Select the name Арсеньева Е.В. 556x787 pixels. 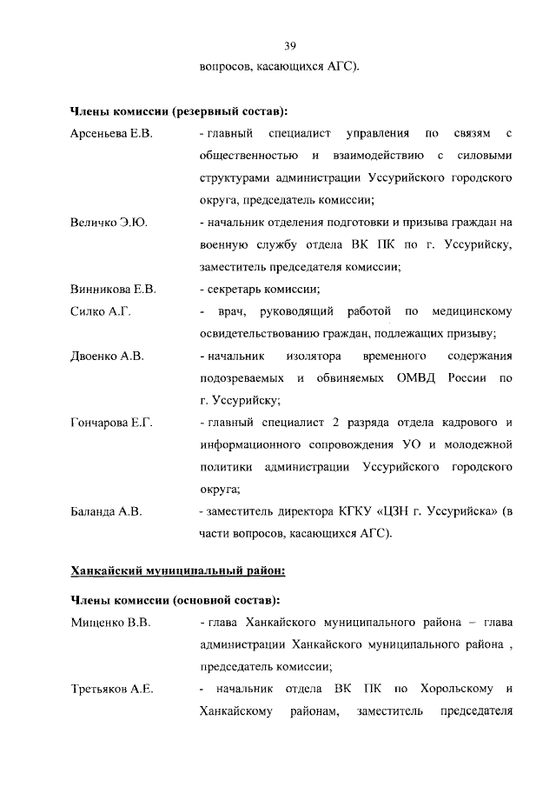[111, 133]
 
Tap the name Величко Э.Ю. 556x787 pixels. [109, 223]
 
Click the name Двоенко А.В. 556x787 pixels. [107, 356]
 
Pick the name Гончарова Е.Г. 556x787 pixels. [111, 423]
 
